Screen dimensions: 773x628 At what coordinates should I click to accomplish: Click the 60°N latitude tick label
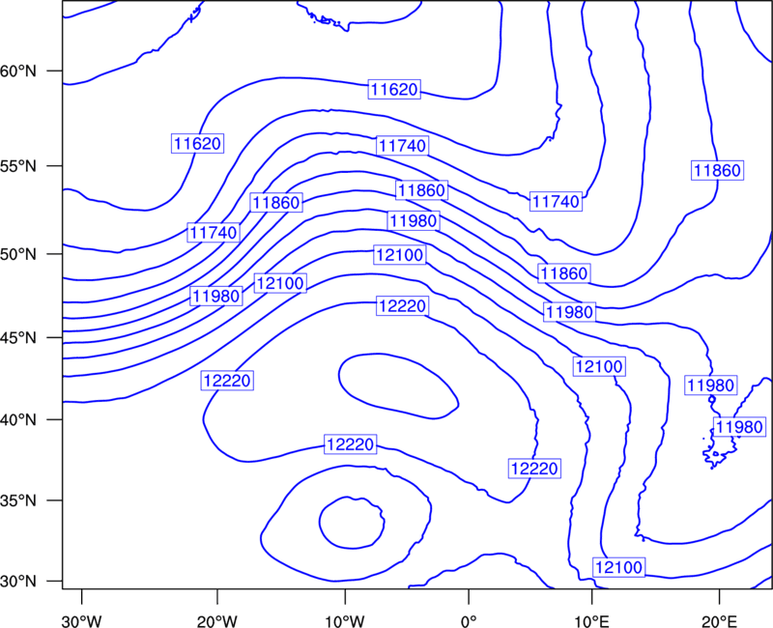point(18,71)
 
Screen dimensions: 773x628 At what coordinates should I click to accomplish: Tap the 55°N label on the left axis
point(18,166)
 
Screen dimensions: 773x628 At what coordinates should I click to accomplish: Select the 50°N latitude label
point(18,254)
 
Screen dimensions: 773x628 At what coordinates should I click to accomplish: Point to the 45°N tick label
point(18,337)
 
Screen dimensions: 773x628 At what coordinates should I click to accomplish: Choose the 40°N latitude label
point(18,420)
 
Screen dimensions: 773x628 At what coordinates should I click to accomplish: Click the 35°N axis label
point(18,500)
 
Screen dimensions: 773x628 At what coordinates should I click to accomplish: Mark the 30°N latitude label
point(18,582)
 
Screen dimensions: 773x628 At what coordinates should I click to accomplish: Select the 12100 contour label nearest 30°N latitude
point(619,567)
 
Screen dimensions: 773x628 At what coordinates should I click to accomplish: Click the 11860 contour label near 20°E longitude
point(717,171)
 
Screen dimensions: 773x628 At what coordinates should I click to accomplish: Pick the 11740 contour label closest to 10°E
point(557,201)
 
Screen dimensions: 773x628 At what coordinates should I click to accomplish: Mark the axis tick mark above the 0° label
point(469,594)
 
